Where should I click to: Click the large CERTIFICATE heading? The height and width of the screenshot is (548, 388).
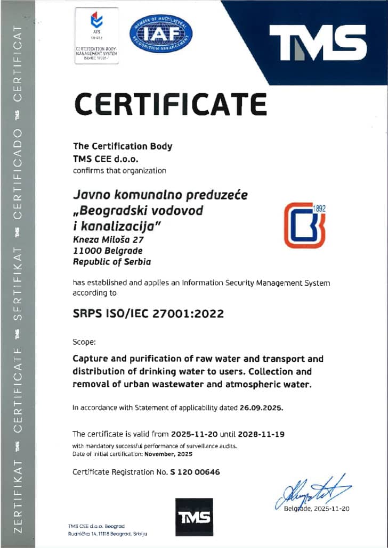(x=170, y=104)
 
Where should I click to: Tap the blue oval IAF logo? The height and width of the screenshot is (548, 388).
(x=161, y=34)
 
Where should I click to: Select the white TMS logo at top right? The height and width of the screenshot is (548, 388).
(x=318, y=43)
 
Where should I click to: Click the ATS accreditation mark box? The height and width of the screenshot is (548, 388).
(x=96, y=36)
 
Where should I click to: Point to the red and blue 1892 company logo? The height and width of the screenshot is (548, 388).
(x=304, y=226)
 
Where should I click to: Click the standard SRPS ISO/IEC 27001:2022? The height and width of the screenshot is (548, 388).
(x=148, y=314)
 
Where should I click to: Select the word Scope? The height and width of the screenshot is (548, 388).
(x=84, y=342)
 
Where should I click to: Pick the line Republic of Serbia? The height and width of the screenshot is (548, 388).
(x=112, y=261)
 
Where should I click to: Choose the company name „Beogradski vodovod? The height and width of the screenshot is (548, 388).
(x=138, y=211)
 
